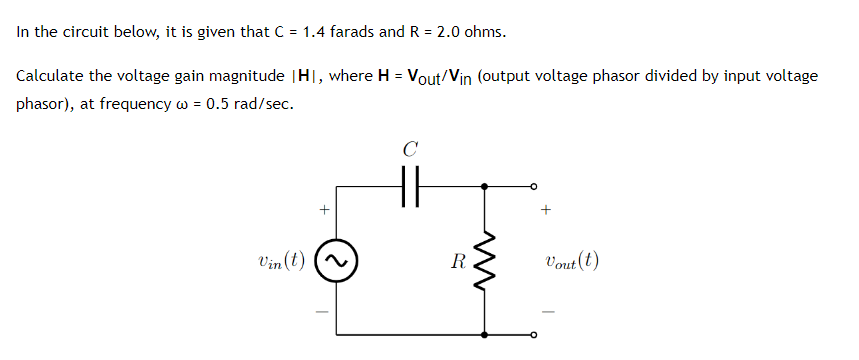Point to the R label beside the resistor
[457, 263]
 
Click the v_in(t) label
[281, 262]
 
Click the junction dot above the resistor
[486, 185]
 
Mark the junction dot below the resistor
[486, 335]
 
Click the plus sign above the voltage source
[322, 210]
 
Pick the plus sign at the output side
[546, 210]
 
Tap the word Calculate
[50, 77]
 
